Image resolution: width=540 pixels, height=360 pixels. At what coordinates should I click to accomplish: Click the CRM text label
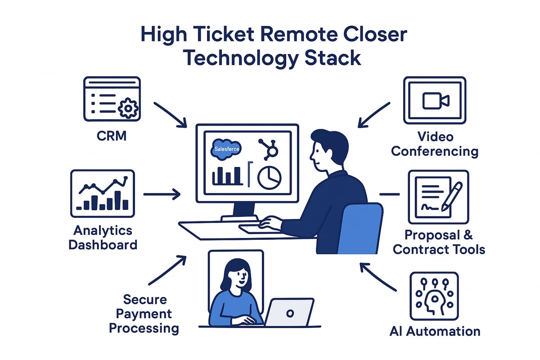tap(111, 135)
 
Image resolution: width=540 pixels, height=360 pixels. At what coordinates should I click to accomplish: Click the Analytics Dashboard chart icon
tap(102, 193)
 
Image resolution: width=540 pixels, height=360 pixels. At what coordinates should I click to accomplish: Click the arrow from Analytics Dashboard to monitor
tap(162, 195)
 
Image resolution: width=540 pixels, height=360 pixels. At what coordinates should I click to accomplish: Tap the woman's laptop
tap(289, 312)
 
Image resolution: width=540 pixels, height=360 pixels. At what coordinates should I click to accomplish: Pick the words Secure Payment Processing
tap(144, 314)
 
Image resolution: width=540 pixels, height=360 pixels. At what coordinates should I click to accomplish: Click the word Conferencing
tap(434, 151)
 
